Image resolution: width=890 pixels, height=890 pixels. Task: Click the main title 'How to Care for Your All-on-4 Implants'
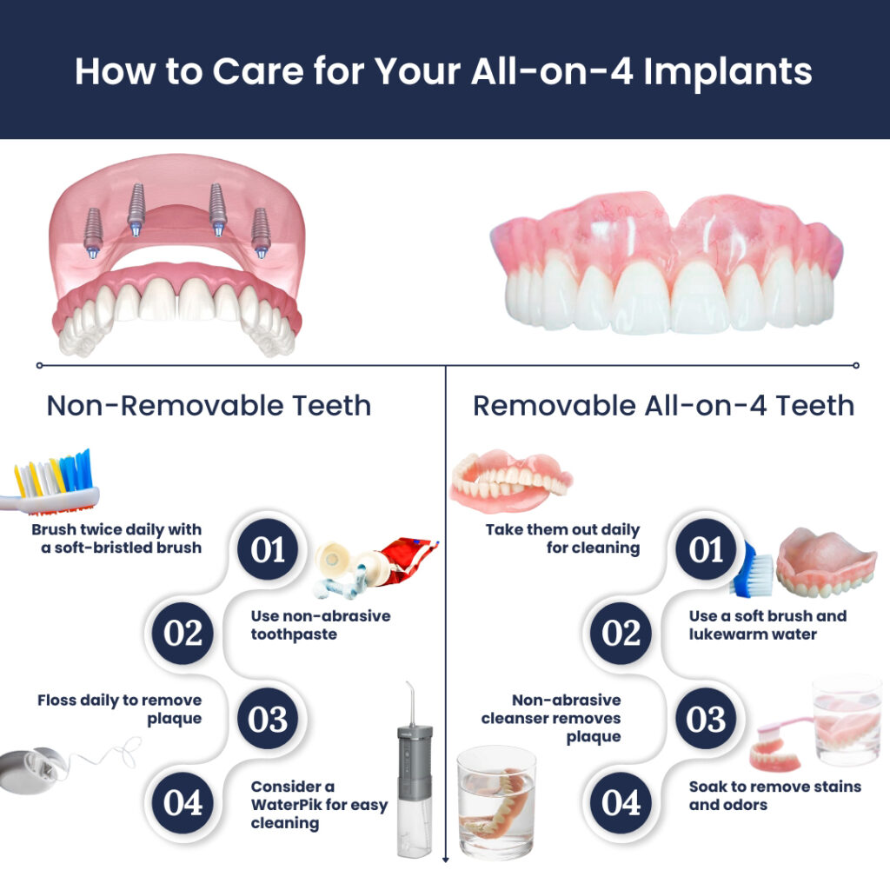pos(444,71)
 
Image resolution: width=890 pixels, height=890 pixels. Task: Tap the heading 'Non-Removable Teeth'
pos(209,405)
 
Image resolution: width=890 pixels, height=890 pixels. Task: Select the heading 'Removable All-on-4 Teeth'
pos(663,405)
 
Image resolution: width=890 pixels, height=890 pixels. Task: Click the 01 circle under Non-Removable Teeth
pos(269,550)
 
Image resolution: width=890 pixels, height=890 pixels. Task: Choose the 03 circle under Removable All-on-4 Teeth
pos(707,720)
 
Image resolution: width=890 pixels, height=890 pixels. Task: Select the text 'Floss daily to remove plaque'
pos(119,709)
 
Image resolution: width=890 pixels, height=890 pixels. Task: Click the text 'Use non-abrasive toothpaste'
pos(321,625)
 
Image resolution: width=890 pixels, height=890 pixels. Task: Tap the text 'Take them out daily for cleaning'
pos(562,539)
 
